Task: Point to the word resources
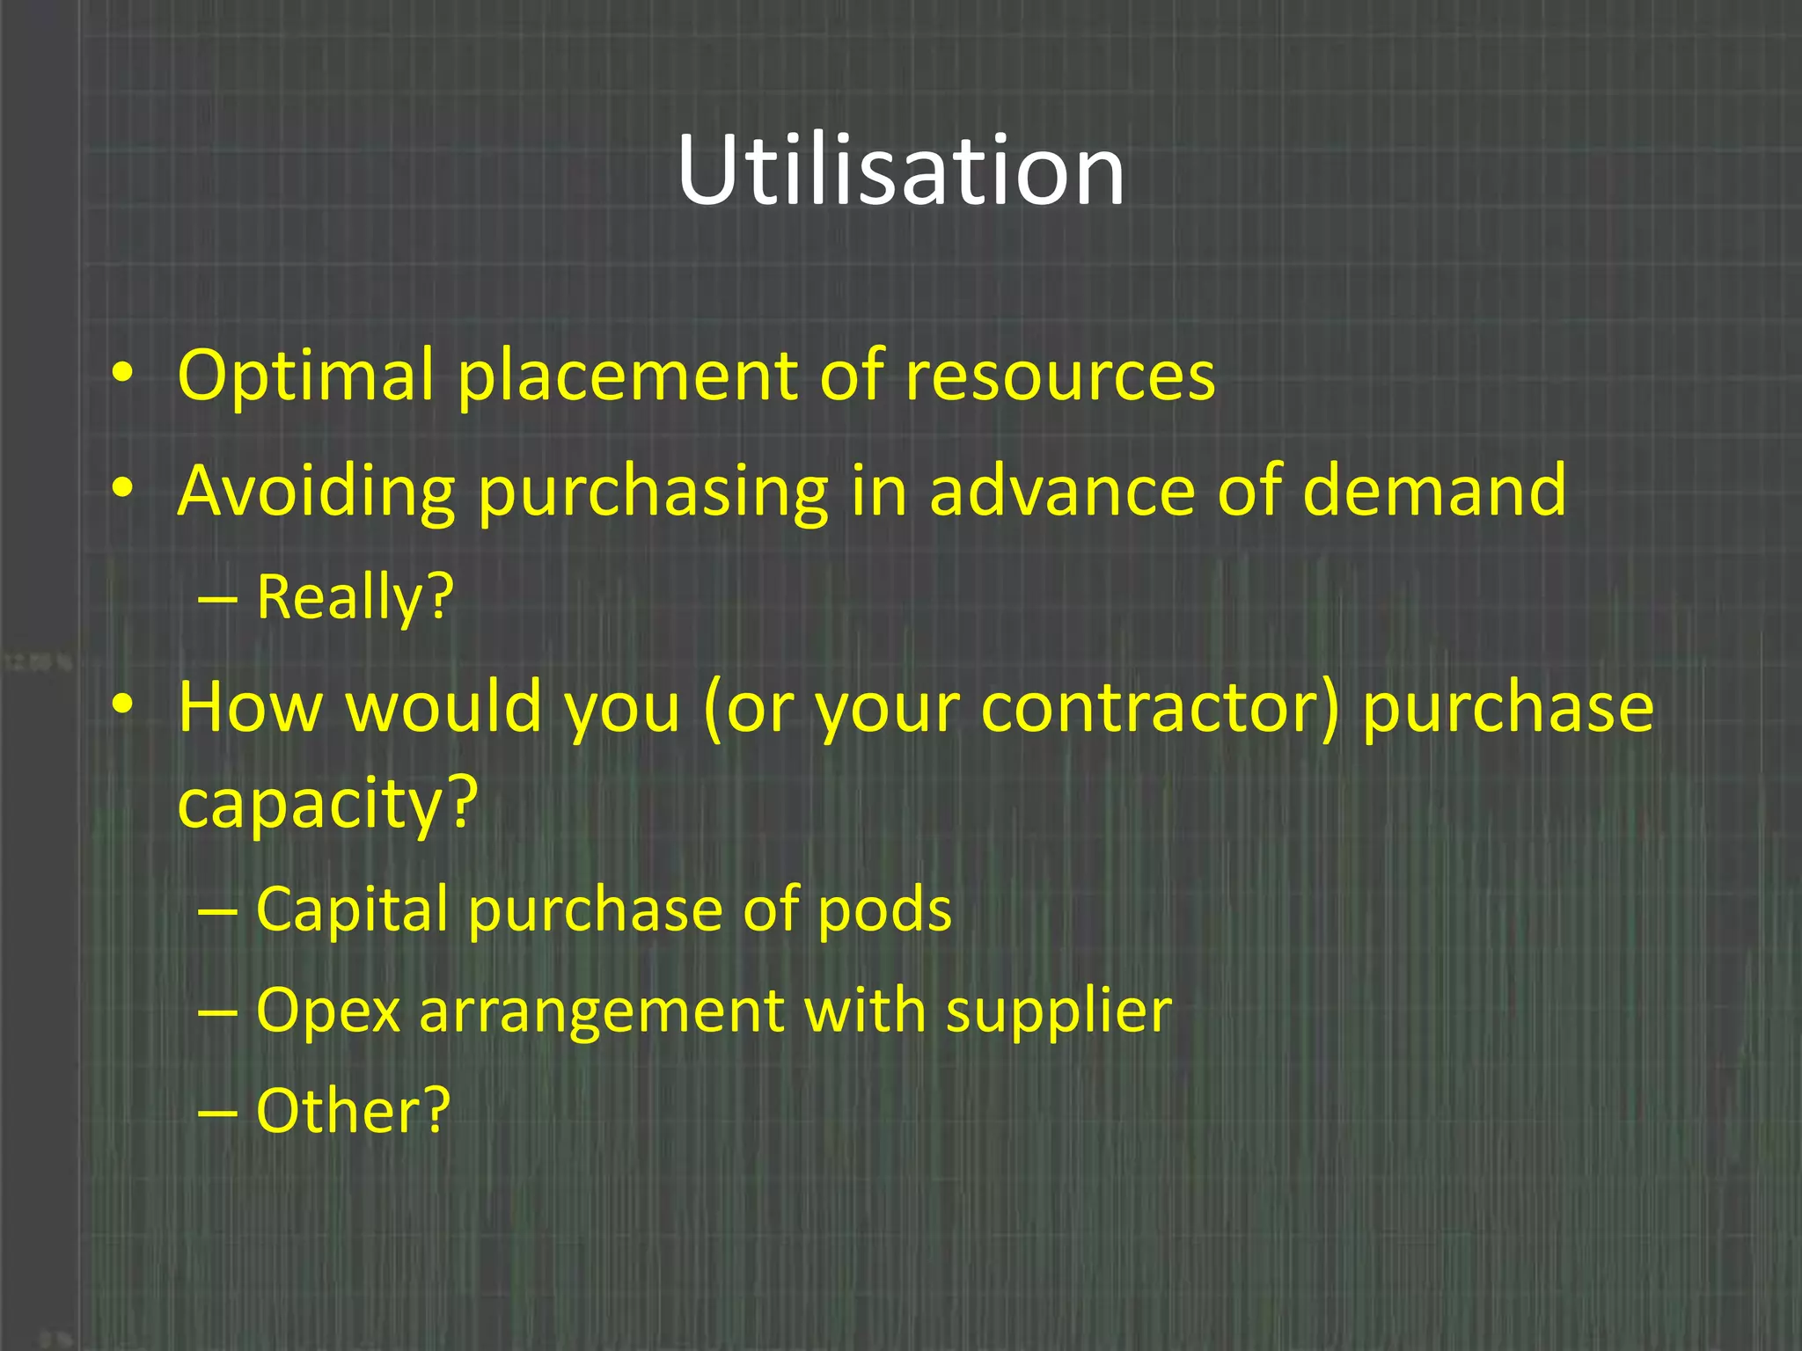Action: [1059, 376]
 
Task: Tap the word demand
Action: [1433, 491]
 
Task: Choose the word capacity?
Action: [327, 803]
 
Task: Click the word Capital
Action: [352, 909]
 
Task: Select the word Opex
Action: [328, 1011]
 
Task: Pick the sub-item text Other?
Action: [353, 1111]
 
